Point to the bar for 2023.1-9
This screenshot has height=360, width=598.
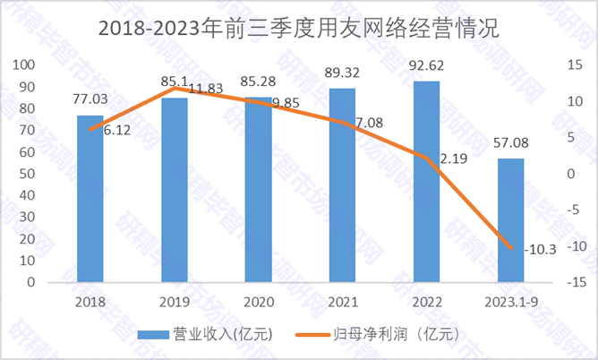(510, 220)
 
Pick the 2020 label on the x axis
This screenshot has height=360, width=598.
(258, 303)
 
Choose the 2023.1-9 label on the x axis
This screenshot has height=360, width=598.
(510, 303)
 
